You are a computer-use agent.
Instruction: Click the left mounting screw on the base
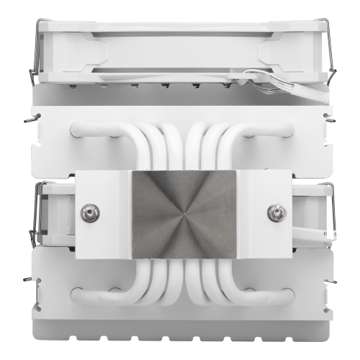tap(91, 212)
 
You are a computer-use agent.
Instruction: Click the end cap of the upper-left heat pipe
tap(75, 130)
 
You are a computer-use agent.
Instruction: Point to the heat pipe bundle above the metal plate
tap(180, 144)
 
